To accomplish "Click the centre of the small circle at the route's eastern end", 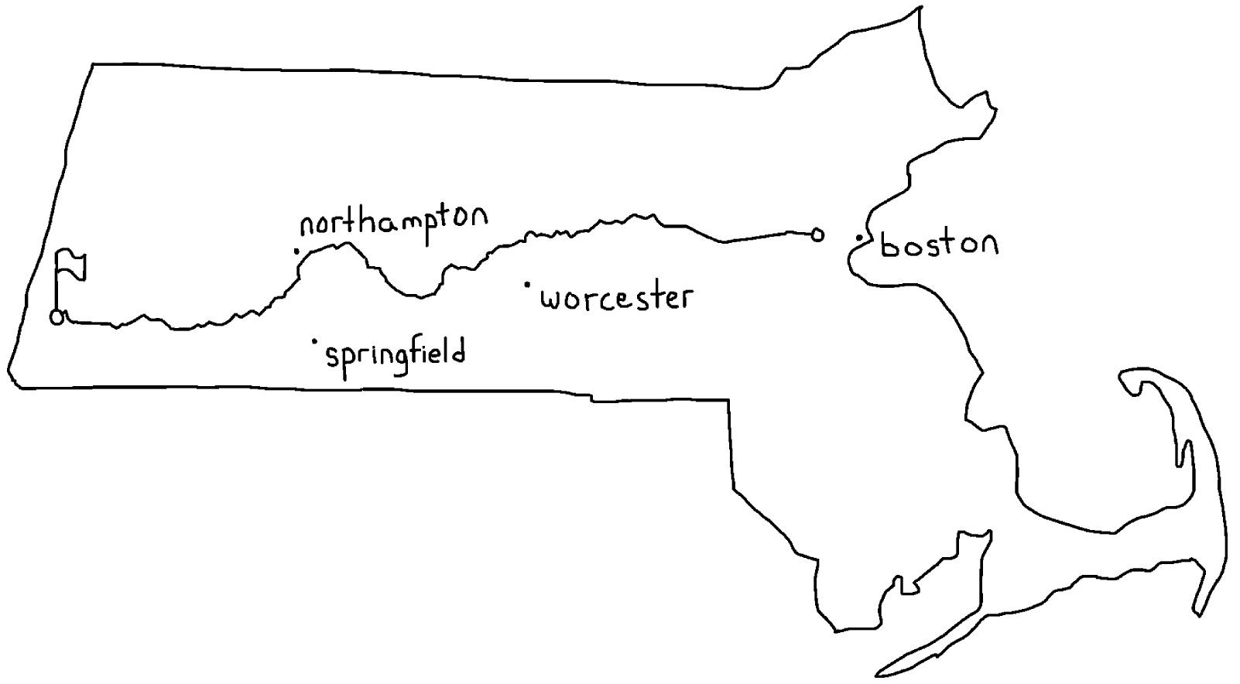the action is (x=817, y=234).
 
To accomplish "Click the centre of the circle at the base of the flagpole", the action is (x=57, y=318).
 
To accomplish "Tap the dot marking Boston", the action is (x=859, y=238).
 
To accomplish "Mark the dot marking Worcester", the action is (x=527, y=285).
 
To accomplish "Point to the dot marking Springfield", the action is (x=314, y=341).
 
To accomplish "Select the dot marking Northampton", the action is (x=297, y=251).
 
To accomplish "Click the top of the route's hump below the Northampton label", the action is (x=347, y=244).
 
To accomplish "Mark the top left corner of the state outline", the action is (x=92, y=64).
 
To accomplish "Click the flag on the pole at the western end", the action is (x=71, y=265).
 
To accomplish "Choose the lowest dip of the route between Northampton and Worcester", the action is (x=419, y=296).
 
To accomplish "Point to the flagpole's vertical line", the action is (x=56, y=283).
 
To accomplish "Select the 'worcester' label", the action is (x=617, y=299).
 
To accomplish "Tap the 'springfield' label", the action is (x=396, y=356).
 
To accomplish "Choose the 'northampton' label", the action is (x=393, y=224).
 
